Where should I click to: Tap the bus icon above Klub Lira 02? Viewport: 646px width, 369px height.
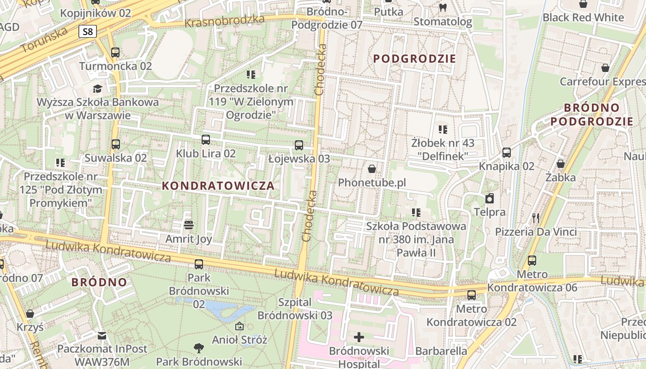click(x=206, y=139)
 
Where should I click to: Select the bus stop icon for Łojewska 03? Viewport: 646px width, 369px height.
click(x=299, y=145)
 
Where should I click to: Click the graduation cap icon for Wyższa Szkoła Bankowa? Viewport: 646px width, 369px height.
click(x=97, y=89)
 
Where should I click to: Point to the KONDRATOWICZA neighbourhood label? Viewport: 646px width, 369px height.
click(x=219, y=186)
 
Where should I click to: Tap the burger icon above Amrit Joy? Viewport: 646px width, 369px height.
click(x=188, y=225)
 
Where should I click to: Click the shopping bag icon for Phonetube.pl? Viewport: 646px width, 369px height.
click(x=372, y=169)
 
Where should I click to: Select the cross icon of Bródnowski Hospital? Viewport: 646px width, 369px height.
click(x=359, y=337)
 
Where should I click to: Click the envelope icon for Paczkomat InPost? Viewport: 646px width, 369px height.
click(x=102, y=335)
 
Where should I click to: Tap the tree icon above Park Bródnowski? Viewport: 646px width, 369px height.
click(x=199, y=348)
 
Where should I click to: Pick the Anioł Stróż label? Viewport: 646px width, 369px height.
click(x=239, y=340)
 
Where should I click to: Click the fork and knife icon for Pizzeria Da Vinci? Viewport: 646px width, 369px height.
click(x=536, y=218)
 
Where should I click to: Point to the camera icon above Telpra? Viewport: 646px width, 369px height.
click(x=490, y=198)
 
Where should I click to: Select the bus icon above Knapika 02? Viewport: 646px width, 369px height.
click(x=507, y=153)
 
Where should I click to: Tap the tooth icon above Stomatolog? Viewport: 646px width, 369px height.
click(x=443, y=7)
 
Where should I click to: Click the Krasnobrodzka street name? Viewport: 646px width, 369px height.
click(x=224, y=21)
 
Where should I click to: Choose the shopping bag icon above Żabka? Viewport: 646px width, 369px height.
click(x=561, y=164)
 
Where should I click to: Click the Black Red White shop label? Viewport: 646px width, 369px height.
click(x=583, y=18)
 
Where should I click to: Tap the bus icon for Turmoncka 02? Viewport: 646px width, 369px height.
click(x=115, y=53)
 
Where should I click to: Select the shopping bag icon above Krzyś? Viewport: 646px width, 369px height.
click(x=30, y=314)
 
